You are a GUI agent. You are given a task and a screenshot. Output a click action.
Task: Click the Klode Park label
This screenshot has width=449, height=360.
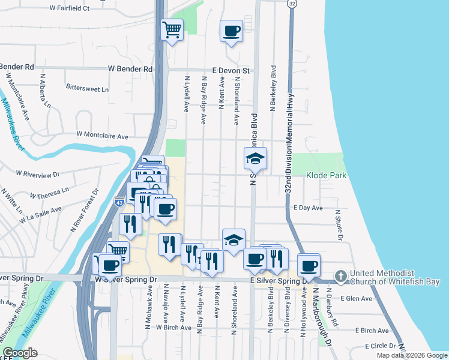click(327, 175)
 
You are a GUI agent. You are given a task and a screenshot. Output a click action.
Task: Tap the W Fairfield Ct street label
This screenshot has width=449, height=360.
click(70, 8)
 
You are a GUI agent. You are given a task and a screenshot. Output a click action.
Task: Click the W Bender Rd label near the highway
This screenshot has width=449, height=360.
click(130, 69)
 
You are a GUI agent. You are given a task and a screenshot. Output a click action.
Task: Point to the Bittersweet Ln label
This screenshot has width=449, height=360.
click(88, 88)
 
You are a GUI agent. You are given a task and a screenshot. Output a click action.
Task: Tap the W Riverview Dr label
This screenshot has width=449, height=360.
click(38, 174)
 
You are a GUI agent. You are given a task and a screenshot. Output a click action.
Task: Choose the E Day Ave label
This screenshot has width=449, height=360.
click(309, 208)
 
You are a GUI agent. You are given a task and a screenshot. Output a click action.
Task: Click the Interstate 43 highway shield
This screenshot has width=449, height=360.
click(119, 202)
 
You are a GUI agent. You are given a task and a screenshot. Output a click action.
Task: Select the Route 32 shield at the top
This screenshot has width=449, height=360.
click(292, 4)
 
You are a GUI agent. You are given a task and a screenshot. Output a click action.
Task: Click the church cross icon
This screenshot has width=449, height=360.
click(340, 276)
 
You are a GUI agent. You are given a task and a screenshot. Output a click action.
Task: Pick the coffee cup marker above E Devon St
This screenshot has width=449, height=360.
click(231, 31)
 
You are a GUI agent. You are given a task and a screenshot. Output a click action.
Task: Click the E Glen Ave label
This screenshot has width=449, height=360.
click(357, 298)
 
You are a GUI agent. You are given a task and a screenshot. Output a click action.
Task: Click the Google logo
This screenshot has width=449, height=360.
click(20, 353)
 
